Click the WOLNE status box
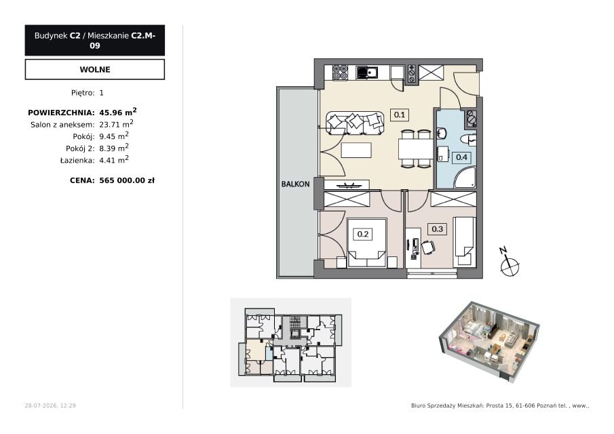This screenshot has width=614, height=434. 95,69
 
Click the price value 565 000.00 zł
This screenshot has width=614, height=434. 127,180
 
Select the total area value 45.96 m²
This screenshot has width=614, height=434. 118,112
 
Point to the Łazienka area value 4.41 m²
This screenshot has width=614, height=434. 114,159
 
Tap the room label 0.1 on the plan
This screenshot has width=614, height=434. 400,115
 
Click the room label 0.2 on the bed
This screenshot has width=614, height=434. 363,234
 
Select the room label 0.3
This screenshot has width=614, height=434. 437,229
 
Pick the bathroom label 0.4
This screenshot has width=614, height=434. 461,157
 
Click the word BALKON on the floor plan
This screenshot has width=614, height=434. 295,184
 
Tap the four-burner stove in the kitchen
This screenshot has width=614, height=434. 340,73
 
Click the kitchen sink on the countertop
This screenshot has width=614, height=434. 367,73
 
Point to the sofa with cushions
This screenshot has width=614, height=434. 355,123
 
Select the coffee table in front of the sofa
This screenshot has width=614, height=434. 356,151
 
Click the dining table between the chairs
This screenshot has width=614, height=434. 415,149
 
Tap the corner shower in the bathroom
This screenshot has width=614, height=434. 465,177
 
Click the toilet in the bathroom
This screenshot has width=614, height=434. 468,140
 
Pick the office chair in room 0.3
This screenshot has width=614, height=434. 427,248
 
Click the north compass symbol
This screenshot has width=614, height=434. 509,262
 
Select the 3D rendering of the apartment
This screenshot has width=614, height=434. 489,341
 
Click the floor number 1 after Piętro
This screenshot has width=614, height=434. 101,93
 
